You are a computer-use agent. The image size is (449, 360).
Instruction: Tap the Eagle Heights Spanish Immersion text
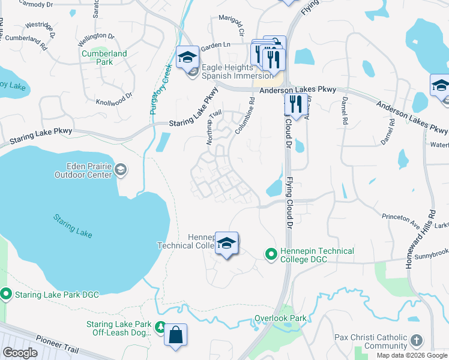click(x=237, y=71)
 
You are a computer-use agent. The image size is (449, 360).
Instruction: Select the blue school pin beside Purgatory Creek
click(x=187, y=58)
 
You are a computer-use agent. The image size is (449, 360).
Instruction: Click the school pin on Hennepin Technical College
click(x=226, y=244)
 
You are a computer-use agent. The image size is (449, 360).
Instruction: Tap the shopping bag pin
click(x=176, y=335)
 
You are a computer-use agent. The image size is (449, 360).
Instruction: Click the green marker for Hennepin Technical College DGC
click(x=271, y=255)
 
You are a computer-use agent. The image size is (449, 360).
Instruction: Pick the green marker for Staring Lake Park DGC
click(x=7, y=294)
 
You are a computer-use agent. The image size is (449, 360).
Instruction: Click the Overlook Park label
click(x=280, y=318)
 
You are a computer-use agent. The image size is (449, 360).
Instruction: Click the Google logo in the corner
click(x=20, y=353)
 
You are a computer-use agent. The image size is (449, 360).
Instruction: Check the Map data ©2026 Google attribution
click(x=412, y=355)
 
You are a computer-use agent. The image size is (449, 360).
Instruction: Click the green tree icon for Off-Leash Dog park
click(x=160, y=327)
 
